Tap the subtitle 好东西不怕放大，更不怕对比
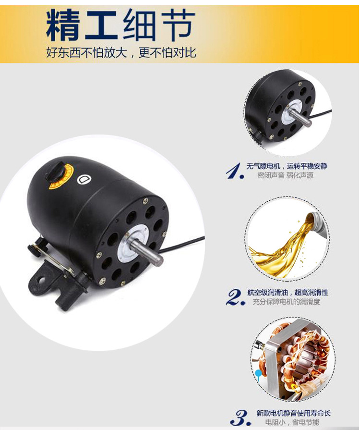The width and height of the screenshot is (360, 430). coord(121,52)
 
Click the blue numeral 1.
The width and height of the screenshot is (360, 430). coord(235,171)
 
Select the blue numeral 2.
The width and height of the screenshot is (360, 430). coord(236,297)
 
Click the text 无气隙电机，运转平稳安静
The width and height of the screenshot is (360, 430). coord(287,166)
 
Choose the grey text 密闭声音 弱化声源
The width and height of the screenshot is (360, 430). coord(285,175)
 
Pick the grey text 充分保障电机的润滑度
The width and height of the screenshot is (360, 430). coord(287,302)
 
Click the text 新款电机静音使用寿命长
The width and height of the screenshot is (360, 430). coord(293,413)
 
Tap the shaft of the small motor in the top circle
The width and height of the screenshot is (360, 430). coord(300,117)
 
